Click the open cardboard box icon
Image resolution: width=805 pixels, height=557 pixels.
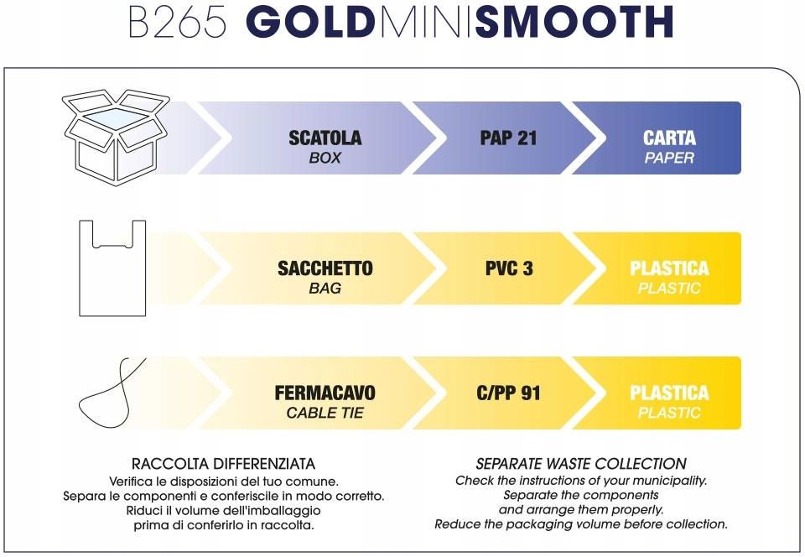[116, 137]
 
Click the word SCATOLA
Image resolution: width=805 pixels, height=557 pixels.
[325, 138]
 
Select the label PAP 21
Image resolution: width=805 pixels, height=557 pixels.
[508, 138]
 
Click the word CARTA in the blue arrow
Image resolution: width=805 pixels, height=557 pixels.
[669, 138]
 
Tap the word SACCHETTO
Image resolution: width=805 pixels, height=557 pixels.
[325, 268]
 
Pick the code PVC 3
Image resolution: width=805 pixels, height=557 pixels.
[509, 268]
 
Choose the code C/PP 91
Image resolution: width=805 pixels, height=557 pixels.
[508, 393]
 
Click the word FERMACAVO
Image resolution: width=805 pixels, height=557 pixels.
[325, 393]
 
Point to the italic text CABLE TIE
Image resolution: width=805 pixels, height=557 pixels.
[325, 413]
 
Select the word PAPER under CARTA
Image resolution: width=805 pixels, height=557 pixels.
[669, 158]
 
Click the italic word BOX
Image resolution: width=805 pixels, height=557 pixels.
[325, 158]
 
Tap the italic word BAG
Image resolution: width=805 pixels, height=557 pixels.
[325, 288]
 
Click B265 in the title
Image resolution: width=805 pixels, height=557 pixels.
[177, 22]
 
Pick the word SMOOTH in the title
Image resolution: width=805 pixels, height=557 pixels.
[574, 22]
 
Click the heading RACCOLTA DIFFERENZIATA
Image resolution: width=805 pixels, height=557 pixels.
[223, 464]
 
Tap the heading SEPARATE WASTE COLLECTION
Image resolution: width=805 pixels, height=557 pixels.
[581, 464]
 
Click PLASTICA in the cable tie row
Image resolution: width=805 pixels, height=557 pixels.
[669, 393]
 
